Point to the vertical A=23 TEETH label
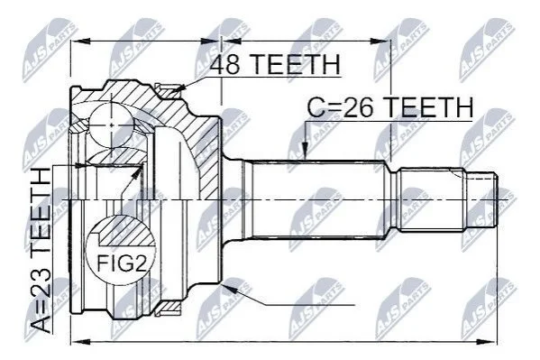41,250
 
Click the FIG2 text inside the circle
122,263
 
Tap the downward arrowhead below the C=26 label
305,152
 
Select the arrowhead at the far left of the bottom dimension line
80,342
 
